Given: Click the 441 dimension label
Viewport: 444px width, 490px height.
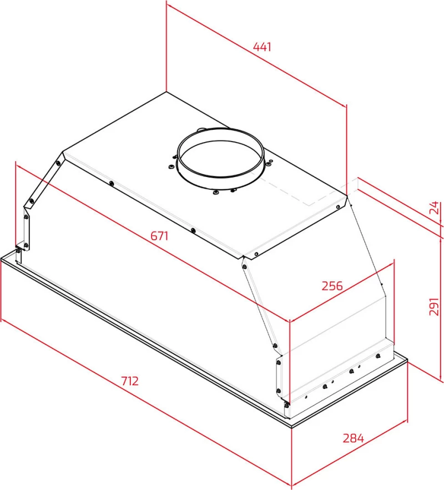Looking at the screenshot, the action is tap(262, 47).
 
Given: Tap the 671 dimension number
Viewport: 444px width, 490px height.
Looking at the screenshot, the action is tap(159, 236).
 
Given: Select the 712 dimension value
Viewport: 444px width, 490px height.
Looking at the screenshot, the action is tap(130, 381).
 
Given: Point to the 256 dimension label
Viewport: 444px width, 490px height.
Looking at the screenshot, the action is tap(332, 286).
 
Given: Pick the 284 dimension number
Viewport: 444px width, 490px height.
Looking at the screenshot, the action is tap(354, 438).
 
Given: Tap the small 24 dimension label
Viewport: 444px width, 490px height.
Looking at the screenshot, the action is tap(435, 208).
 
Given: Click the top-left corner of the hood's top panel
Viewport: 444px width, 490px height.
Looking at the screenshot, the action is tap(63, 152).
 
